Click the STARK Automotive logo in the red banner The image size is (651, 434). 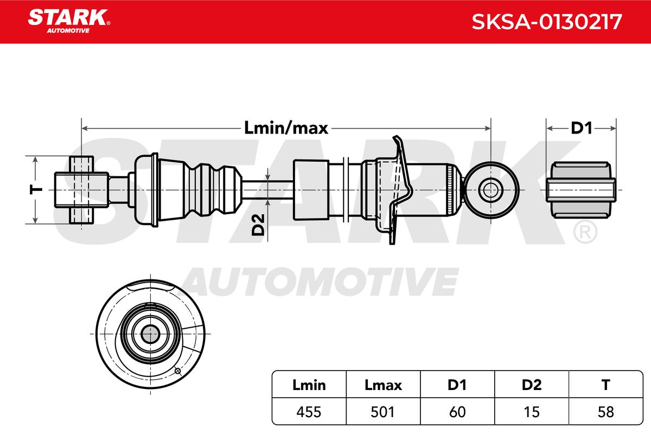click(x=69, y=21)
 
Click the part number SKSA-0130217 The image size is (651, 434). click(x=547, y=22)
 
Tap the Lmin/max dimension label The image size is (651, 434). click(x=286, y=128)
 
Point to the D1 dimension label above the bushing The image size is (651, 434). click(x=581, y=128)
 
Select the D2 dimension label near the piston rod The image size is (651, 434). click(x=258, y=225)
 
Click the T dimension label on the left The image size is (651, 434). click(x=36, y=190)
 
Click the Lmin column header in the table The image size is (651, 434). click(x=309, y=385)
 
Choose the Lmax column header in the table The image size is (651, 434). click(x=383, y=385)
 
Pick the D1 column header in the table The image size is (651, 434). click(x=457, y=385)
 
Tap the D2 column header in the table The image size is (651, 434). click(x=532, y=385)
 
